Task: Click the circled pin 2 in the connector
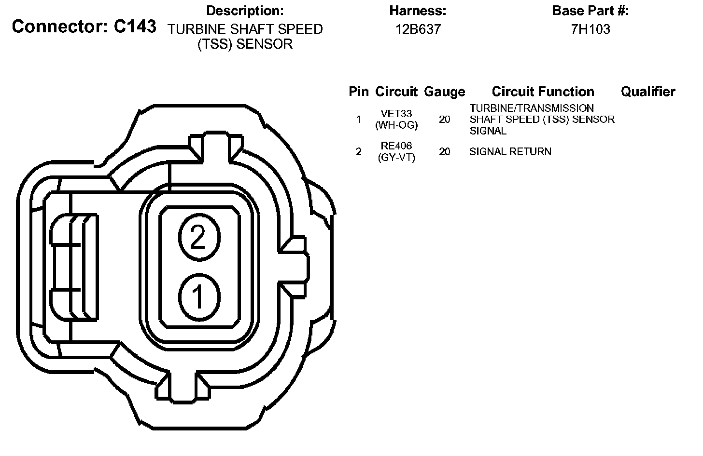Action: tap(199, 237)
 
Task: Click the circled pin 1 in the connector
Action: tap(199, 297)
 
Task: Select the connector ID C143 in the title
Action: tap(135, 27)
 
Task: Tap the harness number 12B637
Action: tap(418, 29)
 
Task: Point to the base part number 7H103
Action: tap(591, 29)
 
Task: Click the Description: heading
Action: tap(245, 11)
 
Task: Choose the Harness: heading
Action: tap(418, 11)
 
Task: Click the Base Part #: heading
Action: tap(591, 11)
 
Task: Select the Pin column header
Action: tap(359, 92)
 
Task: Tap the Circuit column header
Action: tap(396, 92)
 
